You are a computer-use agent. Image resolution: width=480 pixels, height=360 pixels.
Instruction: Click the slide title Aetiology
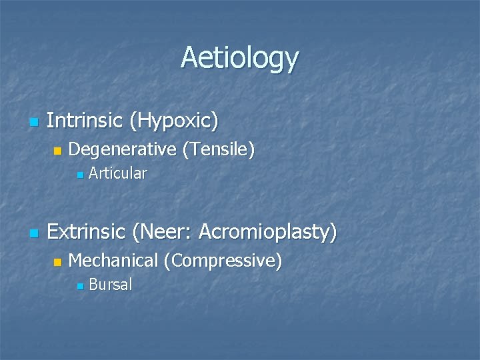[239, 59]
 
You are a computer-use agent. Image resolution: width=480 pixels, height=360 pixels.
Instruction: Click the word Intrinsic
[85, 121]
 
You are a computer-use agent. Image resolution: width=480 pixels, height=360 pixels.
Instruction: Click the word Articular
[117, 174]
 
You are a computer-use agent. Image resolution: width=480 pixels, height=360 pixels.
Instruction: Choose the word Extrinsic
[87, 232]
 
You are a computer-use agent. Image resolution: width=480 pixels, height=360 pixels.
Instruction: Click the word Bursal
[111, 285]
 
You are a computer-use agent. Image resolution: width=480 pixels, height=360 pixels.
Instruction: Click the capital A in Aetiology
[190, 57]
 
